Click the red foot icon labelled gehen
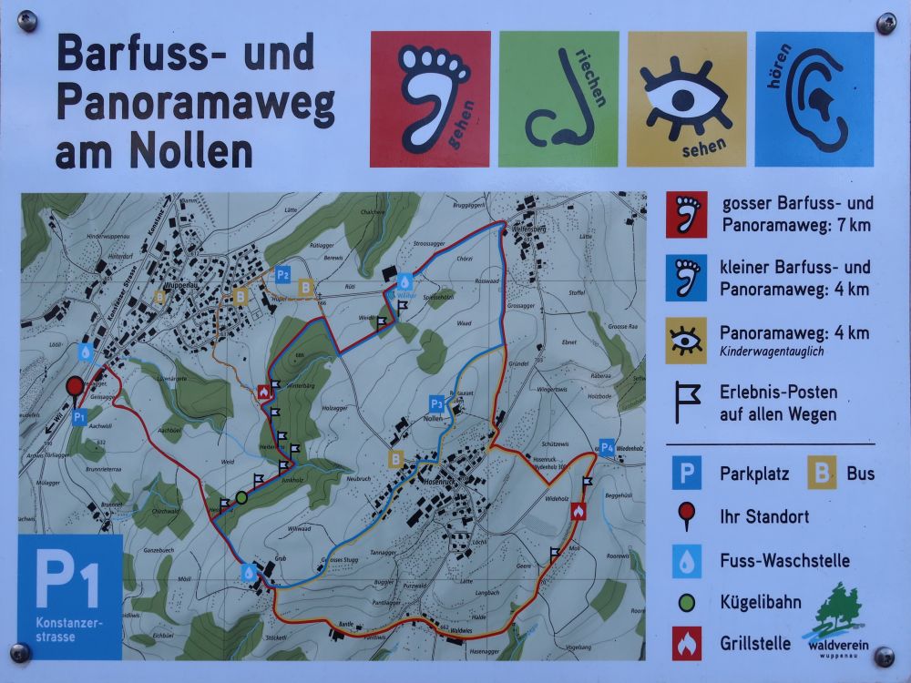430,98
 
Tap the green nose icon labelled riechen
558,98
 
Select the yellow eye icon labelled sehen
686,98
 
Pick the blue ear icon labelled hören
814,98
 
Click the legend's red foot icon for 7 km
686,214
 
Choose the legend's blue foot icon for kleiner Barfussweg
686,279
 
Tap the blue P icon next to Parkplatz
687,474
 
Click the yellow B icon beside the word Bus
822,474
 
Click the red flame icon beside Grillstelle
687,643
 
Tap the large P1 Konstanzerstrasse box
70,596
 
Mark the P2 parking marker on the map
283,273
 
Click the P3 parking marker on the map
437,403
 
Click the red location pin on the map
75,387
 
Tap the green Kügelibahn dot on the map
241,497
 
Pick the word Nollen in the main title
191,151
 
